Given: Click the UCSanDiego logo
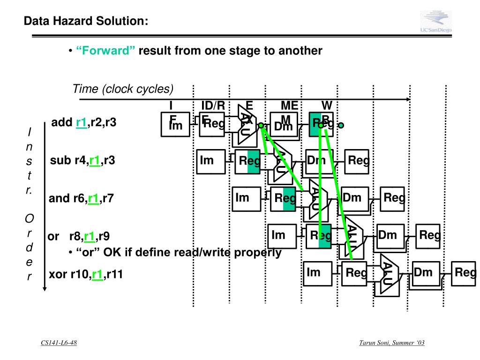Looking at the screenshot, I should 435,22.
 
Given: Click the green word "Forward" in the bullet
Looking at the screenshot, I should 105,51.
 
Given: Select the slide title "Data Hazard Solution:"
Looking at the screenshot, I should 86,21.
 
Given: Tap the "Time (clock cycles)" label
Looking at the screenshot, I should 123,89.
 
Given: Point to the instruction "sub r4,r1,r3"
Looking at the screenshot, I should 82,161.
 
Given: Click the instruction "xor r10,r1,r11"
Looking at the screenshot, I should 86,275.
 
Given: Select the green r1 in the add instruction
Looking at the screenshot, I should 82,123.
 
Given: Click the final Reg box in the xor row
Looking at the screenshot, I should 465,273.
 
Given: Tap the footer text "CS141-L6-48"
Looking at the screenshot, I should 59,343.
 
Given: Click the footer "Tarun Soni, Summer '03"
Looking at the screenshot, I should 392,343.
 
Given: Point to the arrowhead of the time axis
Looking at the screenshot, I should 408,99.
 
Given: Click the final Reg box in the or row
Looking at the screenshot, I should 429,236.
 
